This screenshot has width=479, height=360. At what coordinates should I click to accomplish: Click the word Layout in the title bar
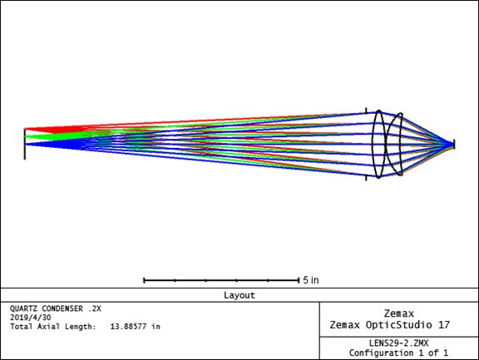(239, 295)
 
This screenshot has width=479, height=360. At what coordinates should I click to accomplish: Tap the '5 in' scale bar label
(311, 280)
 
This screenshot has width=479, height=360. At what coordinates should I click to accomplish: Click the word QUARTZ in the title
(23, 308)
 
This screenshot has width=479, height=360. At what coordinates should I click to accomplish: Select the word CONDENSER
(62, 308)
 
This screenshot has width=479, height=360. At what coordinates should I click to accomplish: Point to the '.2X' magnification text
(94, 308)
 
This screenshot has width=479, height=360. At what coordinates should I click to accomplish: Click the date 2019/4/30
(31, 318)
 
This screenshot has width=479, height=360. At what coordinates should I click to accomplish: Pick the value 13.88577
(128, 327)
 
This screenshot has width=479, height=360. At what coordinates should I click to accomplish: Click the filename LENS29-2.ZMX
(398, 343)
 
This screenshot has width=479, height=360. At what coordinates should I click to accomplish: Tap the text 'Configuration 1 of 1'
(398, 353)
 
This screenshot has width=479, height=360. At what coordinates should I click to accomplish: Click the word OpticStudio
(399, 325)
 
